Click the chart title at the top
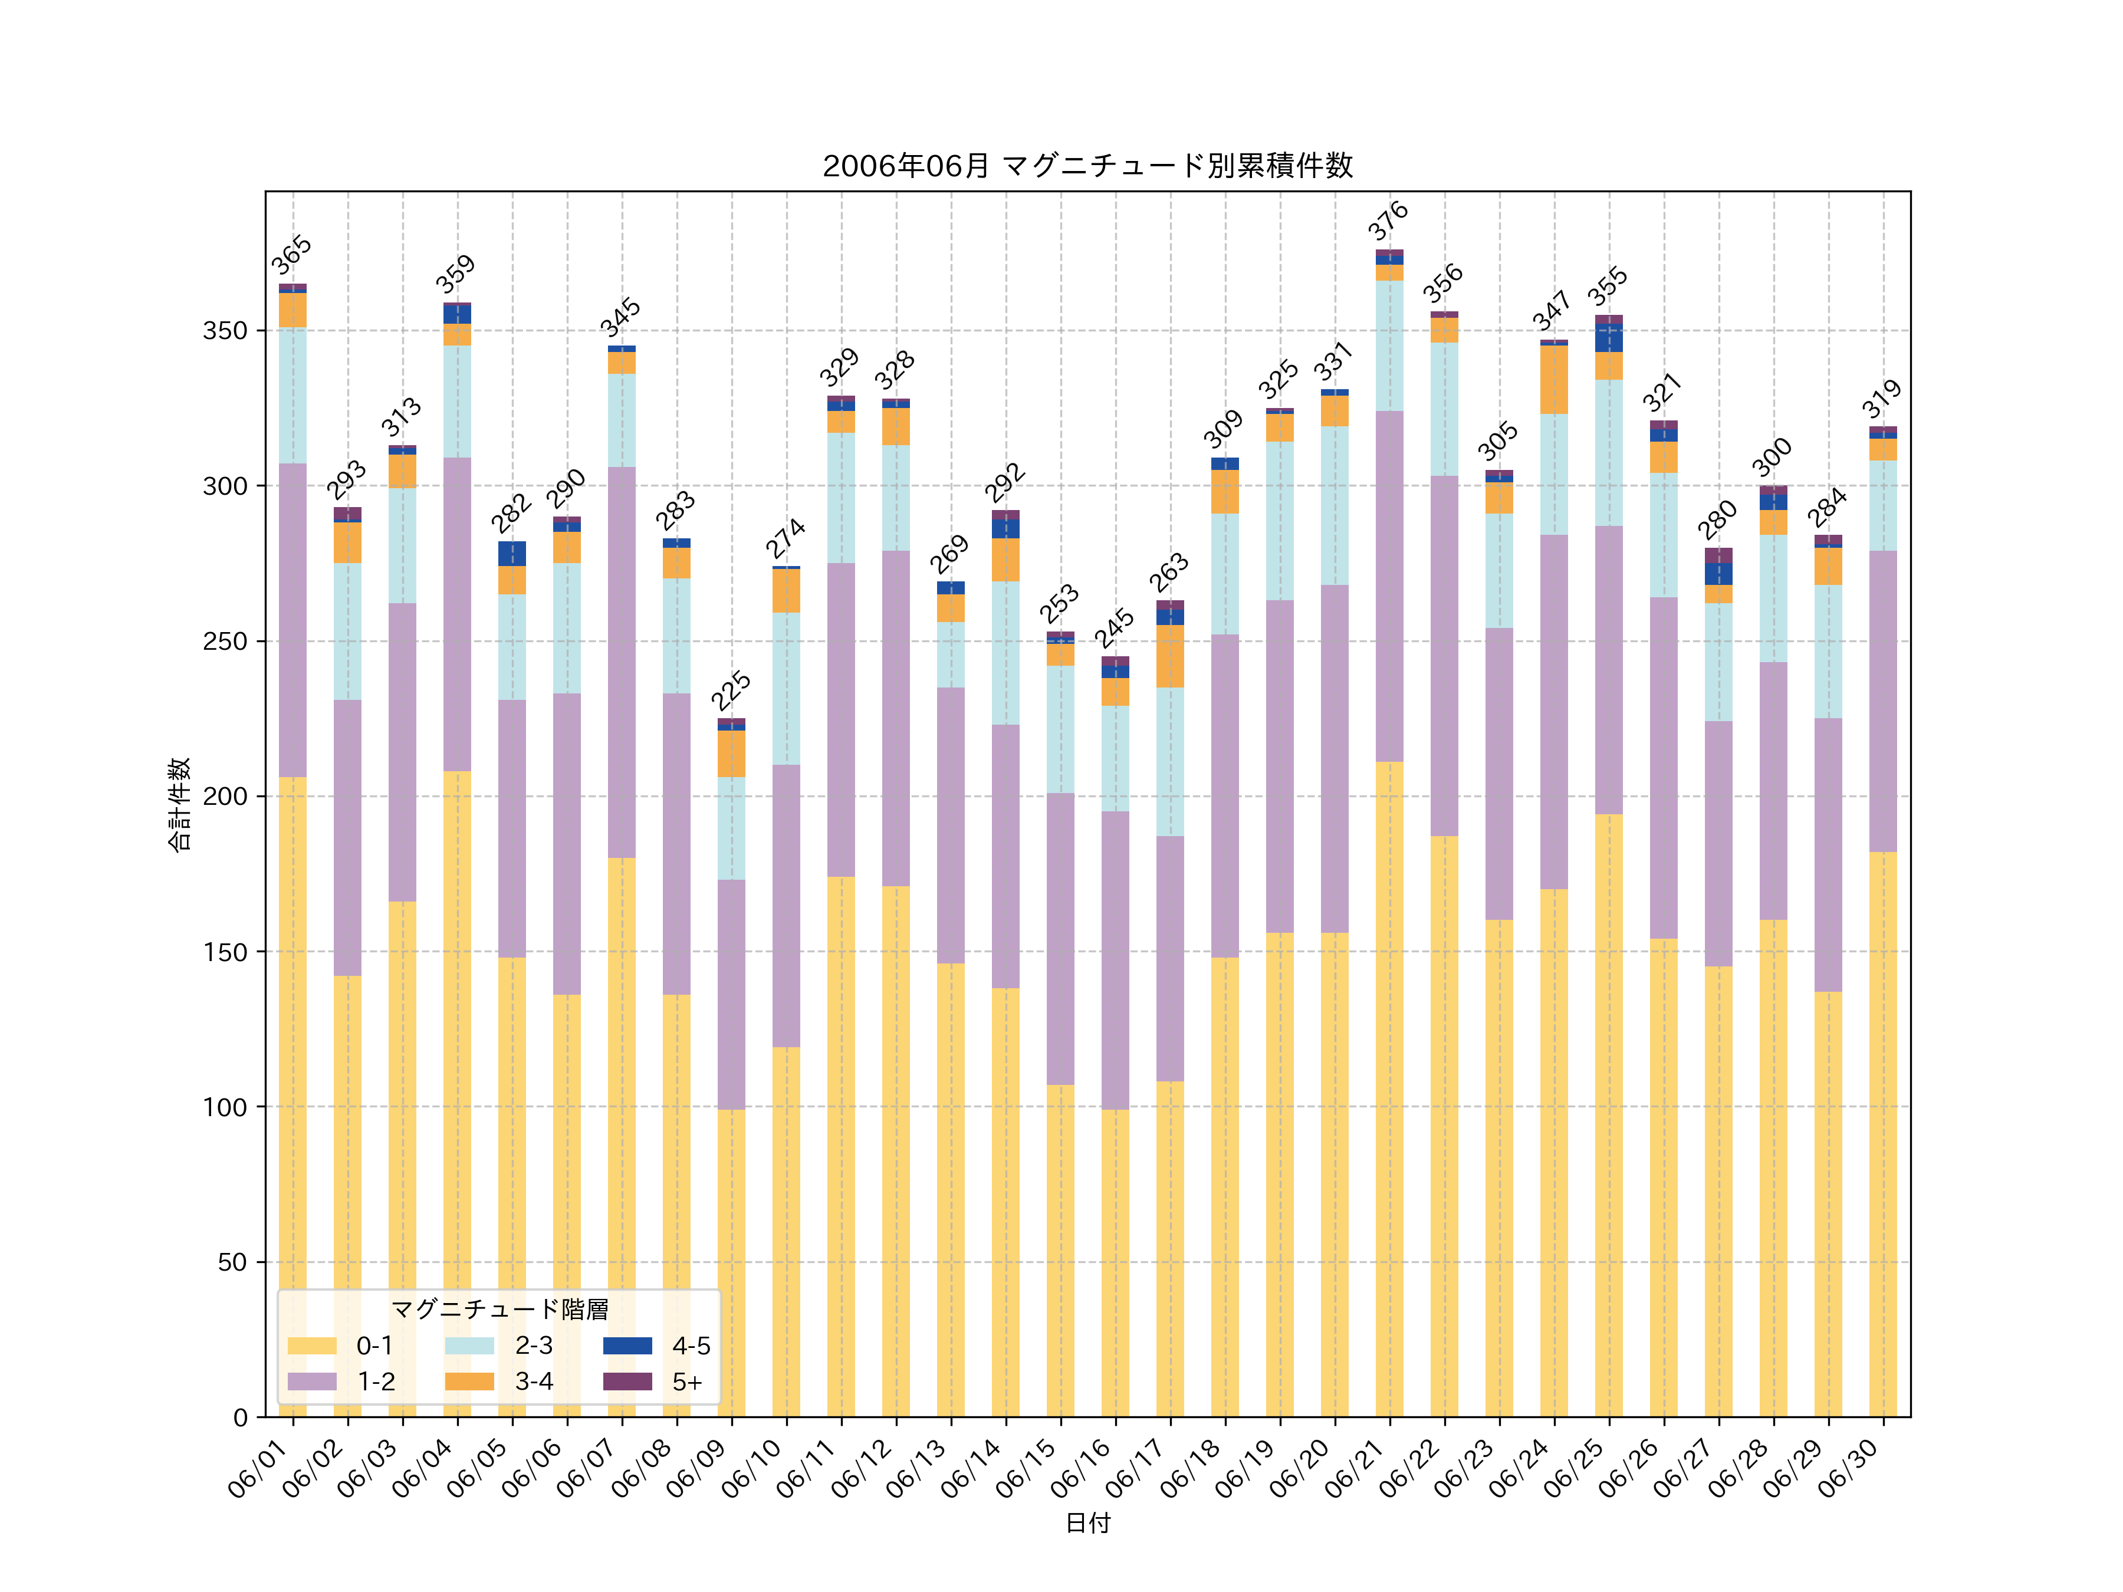point(1087,166)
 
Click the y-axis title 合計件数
point(179,804)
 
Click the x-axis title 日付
point(1087,1523)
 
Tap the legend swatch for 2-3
point(469,1346)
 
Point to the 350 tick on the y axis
point(225,331)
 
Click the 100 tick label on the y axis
point(225,1107)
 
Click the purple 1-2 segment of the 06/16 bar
point(1115,959)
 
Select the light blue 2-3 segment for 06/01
point(293,396)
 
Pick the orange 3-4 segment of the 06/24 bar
point(1554,379)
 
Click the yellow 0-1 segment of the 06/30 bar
point(1883,1132)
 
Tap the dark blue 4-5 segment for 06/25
point(1609,338)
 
